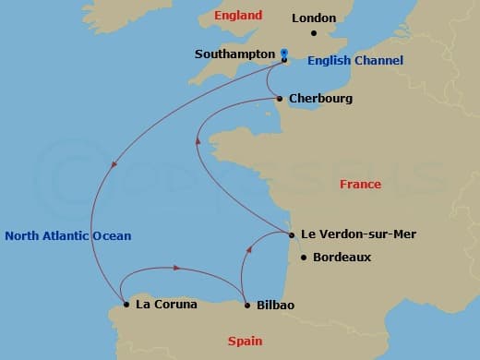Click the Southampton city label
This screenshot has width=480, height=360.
(234, 54)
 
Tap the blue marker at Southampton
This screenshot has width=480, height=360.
(284, 54)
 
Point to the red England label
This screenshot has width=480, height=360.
(238, 16)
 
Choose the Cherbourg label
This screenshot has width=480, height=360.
(320, 98)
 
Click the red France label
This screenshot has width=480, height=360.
(360, 185)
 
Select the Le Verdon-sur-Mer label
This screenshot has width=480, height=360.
(358, 234)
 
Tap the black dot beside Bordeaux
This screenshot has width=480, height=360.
(304, 258)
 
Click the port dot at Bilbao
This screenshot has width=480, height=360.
(246, 305)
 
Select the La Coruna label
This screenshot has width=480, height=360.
(166, 305)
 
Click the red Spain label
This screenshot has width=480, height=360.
(246, 341)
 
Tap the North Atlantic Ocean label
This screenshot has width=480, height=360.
(67, 236)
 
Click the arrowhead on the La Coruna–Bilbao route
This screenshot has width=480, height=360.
(175, 269)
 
